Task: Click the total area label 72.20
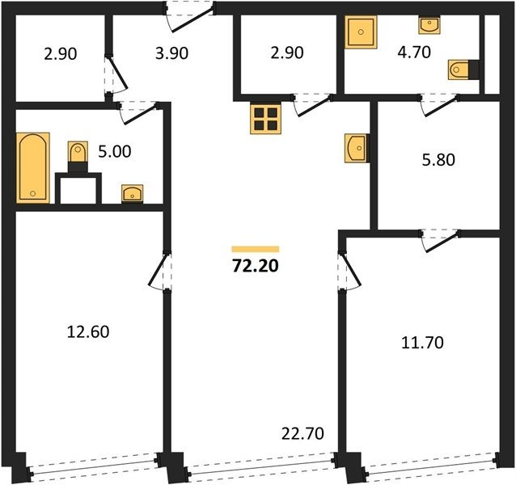(256, 266)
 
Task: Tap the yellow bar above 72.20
(256, 249)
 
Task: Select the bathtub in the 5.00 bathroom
(33, 167)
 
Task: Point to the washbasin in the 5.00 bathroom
(133, 193)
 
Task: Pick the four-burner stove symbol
(265, 119)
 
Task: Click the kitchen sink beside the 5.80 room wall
(357, 148)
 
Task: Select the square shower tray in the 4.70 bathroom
(361, 32)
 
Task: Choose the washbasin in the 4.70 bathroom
(429, 25)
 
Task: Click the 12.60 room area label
(88, 331)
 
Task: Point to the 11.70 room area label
(422, 343)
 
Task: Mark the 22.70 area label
(302, 434)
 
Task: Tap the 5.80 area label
(438, 160)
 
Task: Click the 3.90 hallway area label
(171, 53)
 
